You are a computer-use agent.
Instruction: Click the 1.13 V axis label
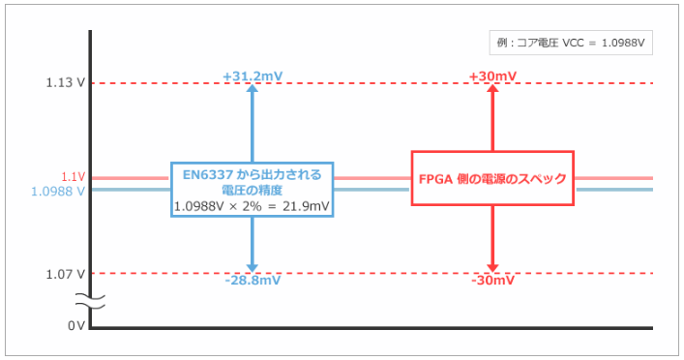[x=65, y=83]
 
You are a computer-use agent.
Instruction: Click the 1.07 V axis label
[x=65, y=274]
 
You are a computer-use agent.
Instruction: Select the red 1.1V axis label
[x=74, y=177]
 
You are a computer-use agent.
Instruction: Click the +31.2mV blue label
[x=253, y=75]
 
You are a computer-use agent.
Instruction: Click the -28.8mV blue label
[x=253, y=281]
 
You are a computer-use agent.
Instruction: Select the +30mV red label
[x=491, y=75]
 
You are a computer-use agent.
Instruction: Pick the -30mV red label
[x=491, y=281]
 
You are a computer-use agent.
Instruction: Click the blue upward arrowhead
[x=253, y=89]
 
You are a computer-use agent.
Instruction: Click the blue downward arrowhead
[x=253, y=266]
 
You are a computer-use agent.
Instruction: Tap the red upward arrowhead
[x=492, y=89]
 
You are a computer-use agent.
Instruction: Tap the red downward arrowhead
[x=492, y=266]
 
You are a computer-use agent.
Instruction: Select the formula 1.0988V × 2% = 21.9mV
[x=252, y=205]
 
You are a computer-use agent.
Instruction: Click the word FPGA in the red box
[x=436, y=178]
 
